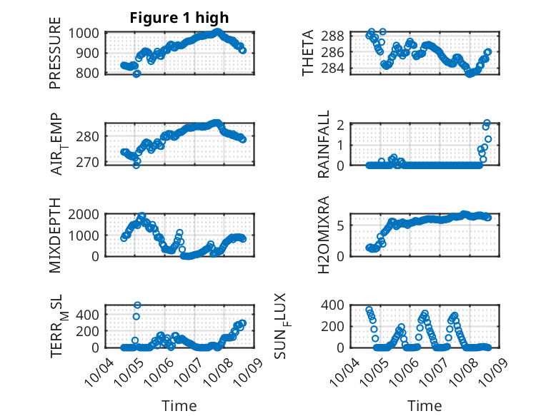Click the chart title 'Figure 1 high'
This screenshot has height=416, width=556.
coord(179,18)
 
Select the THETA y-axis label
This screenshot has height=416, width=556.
coord(308,53)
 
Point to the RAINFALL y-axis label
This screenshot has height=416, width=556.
coord(324,144)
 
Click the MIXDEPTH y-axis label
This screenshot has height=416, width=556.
coord(55,235)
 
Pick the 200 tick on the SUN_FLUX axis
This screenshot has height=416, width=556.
coord(337,326)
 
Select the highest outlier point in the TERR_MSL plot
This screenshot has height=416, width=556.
coord(137,305)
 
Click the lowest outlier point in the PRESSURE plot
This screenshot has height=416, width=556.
coord(136,73)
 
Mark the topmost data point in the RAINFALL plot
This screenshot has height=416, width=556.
coord(487,123)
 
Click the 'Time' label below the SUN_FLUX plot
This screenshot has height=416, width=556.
coord(425,405)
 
